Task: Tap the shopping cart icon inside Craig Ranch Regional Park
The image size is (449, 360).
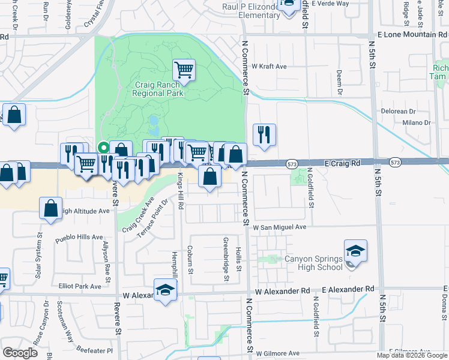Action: click(184, 70)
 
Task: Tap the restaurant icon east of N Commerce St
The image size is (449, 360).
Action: click(264, 135)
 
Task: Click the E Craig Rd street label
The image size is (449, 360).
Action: click(342, 163)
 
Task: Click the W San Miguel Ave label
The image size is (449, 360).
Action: click(279, 227)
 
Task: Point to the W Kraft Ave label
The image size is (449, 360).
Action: click(269, 66)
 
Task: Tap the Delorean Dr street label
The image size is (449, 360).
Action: click(399, 112)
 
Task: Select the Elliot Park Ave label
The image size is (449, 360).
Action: click(79, 286)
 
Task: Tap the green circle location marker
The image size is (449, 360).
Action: click(103, 146)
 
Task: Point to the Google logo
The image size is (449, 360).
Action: click(20, 353)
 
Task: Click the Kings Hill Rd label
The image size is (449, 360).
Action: click(180, 190)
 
